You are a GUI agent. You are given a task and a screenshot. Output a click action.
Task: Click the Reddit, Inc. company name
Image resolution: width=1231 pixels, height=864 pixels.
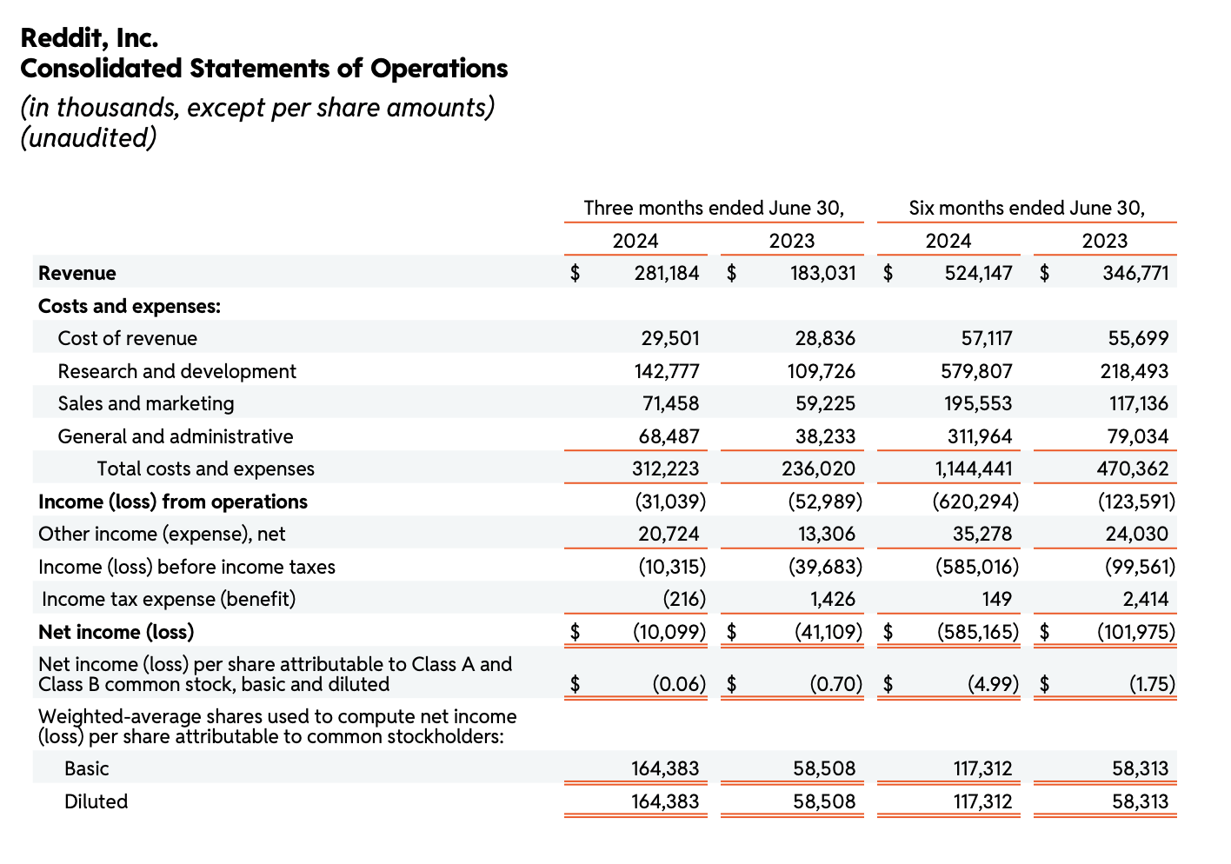(89, 38)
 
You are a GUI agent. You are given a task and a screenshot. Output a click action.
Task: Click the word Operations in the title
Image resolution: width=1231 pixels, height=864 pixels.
(439, 69)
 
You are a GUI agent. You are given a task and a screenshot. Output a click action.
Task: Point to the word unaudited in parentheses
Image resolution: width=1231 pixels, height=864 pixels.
(88, 138)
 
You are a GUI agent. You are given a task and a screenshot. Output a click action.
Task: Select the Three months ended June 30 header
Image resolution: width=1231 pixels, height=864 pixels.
(713, 208)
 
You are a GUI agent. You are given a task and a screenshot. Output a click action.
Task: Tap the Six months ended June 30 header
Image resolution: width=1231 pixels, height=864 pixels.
(1027, 208)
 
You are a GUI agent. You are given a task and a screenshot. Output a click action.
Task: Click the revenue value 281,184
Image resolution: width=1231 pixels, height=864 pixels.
(666, 273)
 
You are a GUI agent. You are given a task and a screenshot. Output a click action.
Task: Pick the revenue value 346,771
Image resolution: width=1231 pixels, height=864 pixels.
(1135, 273)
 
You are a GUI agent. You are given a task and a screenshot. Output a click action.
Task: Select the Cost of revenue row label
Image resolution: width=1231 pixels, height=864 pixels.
(127, 338)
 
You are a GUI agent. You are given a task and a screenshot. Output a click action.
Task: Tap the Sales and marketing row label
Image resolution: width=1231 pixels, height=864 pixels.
(145, 403)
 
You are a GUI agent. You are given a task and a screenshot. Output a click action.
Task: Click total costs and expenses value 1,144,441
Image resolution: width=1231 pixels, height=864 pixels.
(974, 469)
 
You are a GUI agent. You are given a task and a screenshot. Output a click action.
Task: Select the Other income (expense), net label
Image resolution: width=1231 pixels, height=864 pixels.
(162, 534)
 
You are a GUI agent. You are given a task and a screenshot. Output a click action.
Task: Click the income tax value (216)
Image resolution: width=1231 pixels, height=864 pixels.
(679, 599)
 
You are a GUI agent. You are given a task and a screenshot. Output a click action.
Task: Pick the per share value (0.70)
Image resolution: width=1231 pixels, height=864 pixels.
(835, 684)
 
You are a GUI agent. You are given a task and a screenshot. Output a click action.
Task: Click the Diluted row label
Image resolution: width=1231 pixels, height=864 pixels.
(96, 801)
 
